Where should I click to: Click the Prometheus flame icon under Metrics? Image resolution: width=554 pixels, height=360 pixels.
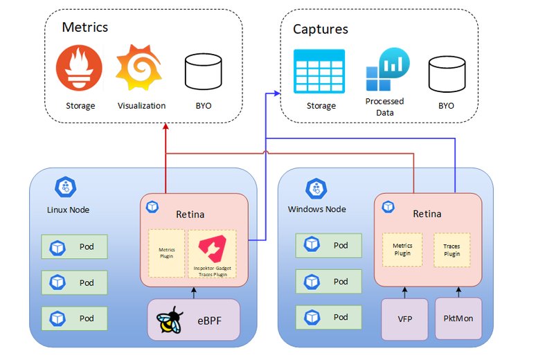78,69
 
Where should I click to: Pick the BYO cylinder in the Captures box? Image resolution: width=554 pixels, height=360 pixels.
445,73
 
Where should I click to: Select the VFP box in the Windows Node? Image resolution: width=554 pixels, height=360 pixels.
404,318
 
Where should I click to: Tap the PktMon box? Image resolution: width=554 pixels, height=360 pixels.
458,318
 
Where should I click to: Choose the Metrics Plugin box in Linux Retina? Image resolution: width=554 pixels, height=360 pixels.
167,254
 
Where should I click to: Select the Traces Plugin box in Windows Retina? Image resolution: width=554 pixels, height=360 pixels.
452,250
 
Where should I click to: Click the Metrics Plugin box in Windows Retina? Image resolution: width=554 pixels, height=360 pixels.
402,250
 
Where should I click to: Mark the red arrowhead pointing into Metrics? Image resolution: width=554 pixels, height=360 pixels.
166,127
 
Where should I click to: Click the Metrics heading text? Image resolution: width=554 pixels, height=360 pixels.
85,28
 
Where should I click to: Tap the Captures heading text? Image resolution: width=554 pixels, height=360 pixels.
320,29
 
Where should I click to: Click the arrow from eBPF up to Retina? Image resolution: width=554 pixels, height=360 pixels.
194,292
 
